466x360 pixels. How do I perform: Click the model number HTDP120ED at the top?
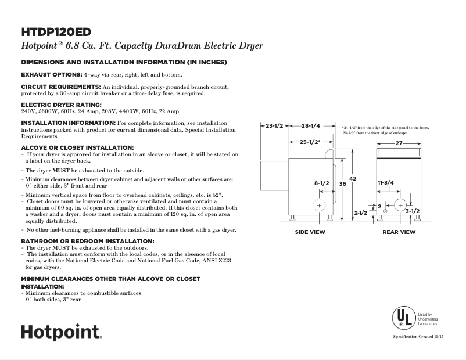click(56, 31)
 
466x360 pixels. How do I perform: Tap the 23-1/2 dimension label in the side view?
click(274, 126)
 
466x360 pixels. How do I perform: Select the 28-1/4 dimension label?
click(311, 126)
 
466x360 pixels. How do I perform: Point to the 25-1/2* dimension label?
click(309, 142)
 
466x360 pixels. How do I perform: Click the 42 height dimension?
click(352, 178)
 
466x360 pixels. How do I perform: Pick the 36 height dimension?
click(342, 183)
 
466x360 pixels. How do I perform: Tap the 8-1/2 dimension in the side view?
click(322, 183)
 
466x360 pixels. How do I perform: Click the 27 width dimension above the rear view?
click(399, 143)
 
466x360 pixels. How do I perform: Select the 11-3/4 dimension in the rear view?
click(386, 183)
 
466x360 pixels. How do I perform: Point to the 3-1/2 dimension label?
click(413, 211)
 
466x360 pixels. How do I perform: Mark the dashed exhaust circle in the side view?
click(320, 206)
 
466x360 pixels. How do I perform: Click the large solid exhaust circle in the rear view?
click(400, 206)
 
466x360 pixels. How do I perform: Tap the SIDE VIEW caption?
click(311, 232)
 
